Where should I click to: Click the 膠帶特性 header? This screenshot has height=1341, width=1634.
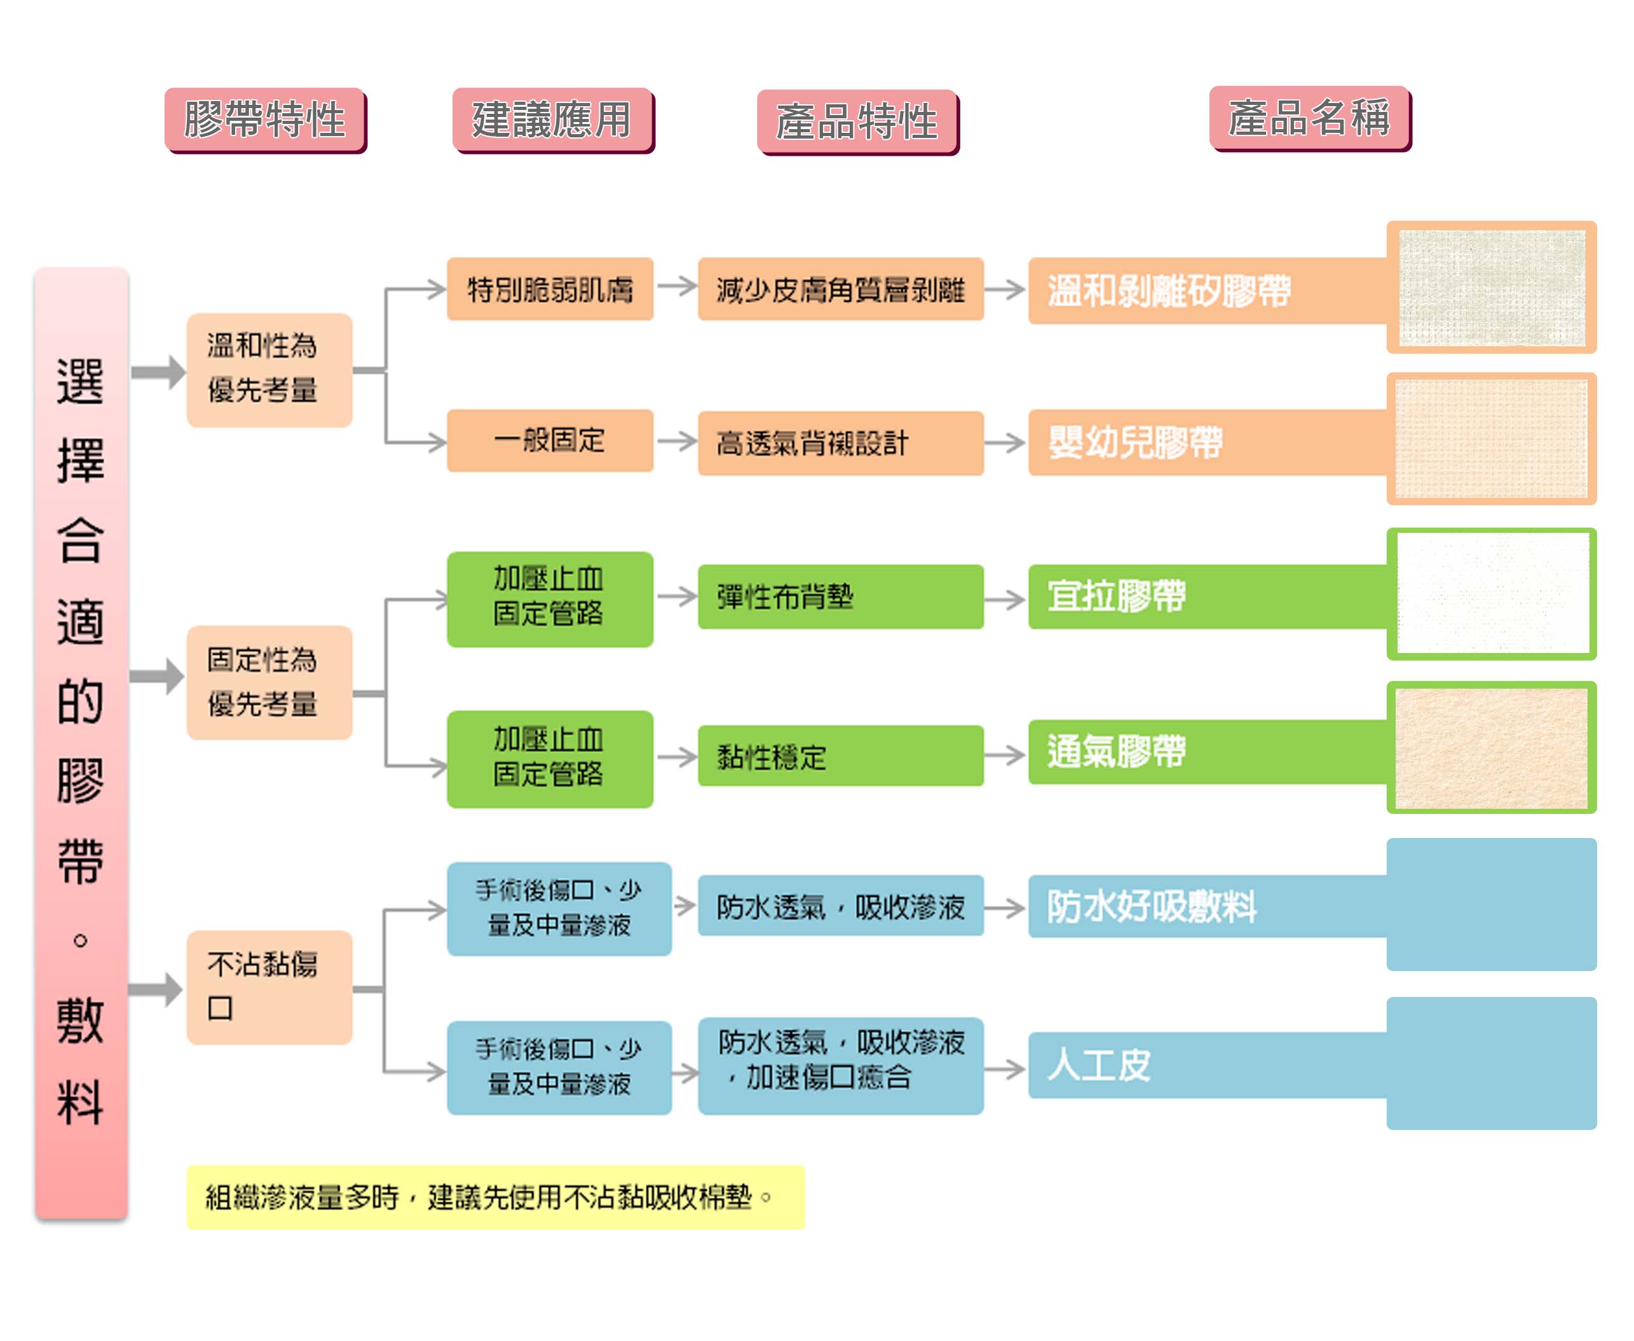[265, 120]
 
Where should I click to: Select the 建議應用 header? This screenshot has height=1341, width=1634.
[552, 120]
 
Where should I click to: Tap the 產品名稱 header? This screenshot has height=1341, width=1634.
[1309, 118]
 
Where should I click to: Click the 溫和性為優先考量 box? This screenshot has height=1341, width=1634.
[269, 369]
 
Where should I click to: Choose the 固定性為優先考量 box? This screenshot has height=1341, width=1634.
[269, 682]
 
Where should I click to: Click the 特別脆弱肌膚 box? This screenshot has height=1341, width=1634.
[550, 289]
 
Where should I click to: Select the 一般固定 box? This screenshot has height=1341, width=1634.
[550, 440]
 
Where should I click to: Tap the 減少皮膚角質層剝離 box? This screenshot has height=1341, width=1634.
[840, 289]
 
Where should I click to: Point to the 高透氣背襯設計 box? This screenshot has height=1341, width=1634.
[840, 443]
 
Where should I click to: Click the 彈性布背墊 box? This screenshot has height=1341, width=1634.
[840, 596]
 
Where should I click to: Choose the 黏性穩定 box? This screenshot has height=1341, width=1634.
[840, 755]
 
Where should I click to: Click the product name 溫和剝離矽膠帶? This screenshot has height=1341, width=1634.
[1168, 291]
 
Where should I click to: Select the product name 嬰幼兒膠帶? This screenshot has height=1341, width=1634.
[1135, 442]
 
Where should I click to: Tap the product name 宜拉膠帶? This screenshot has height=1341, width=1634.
[1117, 596]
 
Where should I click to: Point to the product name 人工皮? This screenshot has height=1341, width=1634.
[1099, 1064]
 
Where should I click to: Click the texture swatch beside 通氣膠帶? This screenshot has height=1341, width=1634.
[1490, 747]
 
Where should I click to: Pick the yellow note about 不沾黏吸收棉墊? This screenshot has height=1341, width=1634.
[495, 1197]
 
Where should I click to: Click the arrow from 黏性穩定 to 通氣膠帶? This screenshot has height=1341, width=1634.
[1005, 755]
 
